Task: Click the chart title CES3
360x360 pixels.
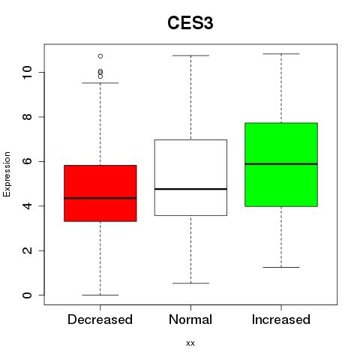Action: tap(190, 23)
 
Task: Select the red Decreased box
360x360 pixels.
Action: tap(100, 193)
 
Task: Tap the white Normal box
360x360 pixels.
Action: tap(190, 178)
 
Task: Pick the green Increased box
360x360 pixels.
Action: tap(281, 164)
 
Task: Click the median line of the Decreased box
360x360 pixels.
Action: tap(100, 198)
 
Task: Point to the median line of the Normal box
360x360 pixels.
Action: tap(190, 189)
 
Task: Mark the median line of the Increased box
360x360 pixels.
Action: tap(281, 164)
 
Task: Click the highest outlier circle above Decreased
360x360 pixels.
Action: tap(100, 56)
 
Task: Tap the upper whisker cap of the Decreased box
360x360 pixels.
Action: tap(100, 82)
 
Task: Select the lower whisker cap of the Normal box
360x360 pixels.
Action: tap(190, 283)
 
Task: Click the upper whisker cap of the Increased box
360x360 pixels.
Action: tap(281, 54)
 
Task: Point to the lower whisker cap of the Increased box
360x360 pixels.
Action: tap(281, 267)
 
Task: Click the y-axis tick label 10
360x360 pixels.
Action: tap(27, 73)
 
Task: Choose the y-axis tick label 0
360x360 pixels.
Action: tap(27, 295)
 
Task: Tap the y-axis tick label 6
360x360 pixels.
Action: tap(27, 161)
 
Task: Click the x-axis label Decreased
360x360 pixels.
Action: tap(100, 319)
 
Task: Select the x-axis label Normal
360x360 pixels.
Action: tap(190, 319)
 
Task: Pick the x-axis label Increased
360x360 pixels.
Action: tap(281, 319)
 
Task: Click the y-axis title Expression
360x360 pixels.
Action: tap(7, 174)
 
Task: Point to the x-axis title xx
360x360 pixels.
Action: tap(190, 343)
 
